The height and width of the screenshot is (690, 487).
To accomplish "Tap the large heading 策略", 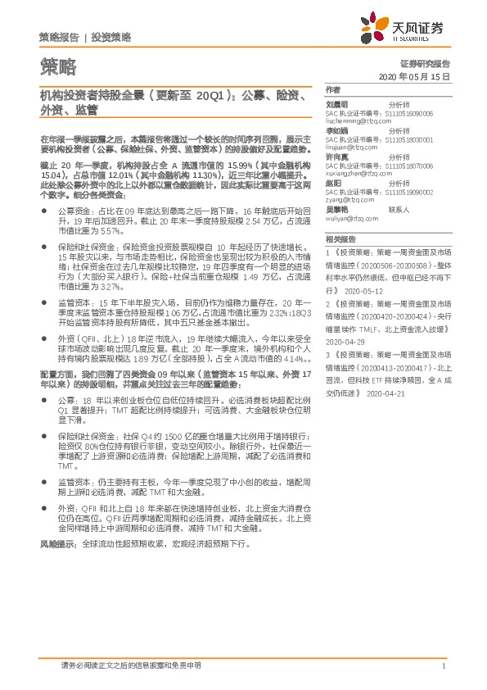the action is pos(56,65).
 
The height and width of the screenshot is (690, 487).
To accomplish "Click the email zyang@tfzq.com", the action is pos(348,198).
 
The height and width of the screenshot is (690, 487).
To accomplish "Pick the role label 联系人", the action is pos(399,209).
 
